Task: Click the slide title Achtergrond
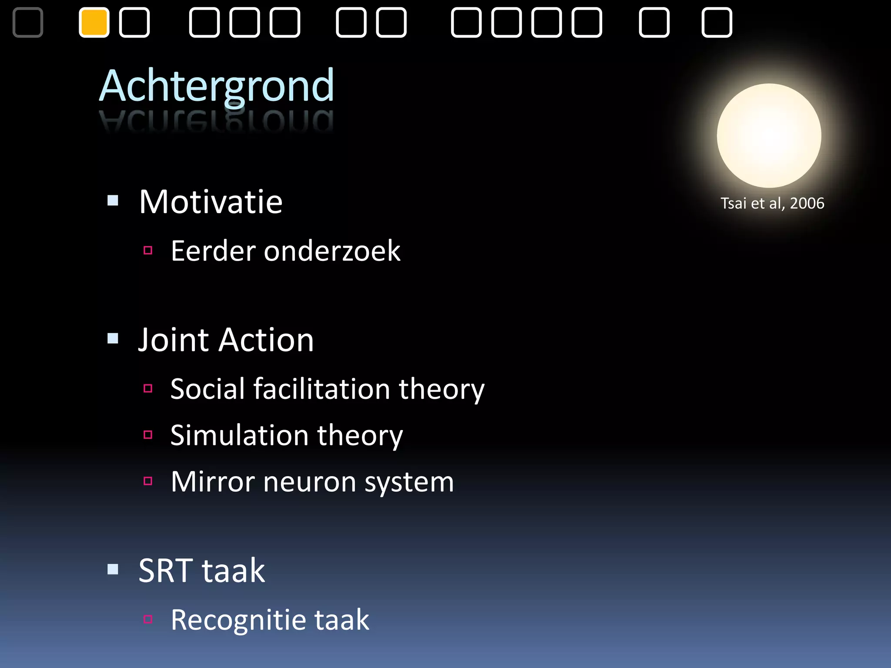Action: (217, 86)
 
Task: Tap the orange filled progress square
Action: (94, 23)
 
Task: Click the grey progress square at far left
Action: (28, 23)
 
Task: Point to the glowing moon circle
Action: (769, 136)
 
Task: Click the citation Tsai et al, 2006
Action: (772, 203)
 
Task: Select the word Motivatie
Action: (211, 202)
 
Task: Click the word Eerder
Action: (213, 251)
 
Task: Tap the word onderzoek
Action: (332, 251)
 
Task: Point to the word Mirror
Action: (213, 481)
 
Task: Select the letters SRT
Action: (166, 571)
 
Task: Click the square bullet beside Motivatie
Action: (113, 200)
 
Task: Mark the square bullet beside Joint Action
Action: (113, 338)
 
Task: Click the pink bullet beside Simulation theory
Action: (148, 434)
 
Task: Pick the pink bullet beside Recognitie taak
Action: (148, 619)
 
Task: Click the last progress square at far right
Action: (717, 23)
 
